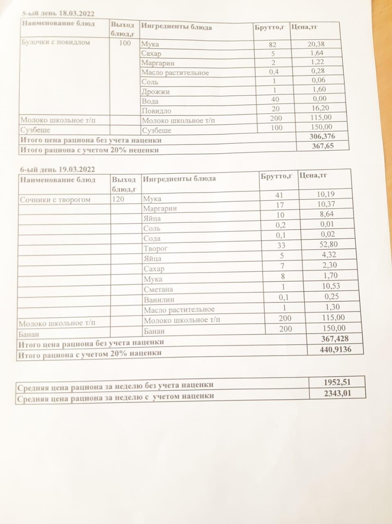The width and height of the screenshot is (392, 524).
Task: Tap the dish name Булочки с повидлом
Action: (55, 42)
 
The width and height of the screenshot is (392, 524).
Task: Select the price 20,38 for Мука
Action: (316, 44)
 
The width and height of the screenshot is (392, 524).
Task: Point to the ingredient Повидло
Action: (156, 111)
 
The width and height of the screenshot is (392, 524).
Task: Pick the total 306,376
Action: (323, 136)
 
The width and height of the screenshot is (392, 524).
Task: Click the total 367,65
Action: (323, 146)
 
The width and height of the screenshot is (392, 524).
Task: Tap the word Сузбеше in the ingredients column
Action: (156, 131)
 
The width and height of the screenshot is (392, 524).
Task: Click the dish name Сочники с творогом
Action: (55, 200)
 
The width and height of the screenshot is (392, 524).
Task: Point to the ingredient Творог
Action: (155, 248)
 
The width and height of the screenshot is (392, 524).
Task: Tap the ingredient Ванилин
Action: (159, 299)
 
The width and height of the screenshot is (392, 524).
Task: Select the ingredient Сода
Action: (152, 238)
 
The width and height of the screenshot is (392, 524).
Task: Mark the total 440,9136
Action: (335, 350)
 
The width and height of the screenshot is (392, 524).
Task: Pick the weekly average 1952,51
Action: (337, 383)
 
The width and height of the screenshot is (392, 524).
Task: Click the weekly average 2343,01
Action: (337, 394)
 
